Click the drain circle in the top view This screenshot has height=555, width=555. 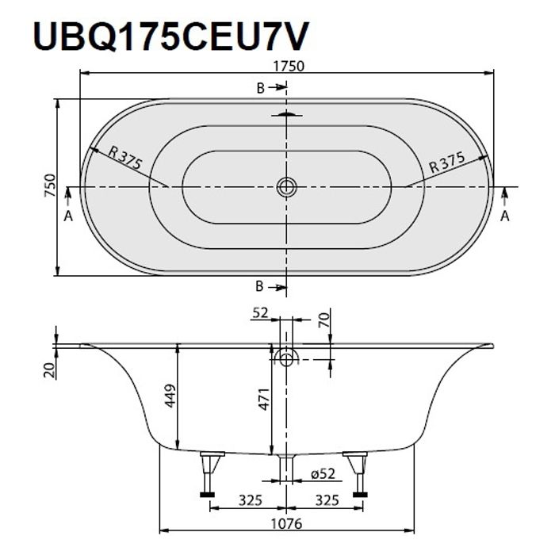(x=286, y=187)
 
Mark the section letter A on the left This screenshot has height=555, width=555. (x=68, y=215)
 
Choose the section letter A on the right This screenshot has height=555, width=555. (x=505, y=215)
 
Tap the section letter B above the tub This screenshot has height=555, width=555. (x=259, y=88)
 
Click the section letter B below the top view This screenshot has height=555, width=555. (x=259, y=285)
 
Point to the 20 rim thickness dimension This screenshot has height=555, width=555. (x=48, y=369)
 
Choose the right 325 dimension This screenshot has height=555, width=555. (x=327, y=500)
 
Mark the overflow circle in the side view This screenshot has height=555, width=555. (x=286, y=358)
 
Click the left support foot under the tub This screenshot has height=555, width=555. (x=209, y=474)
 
